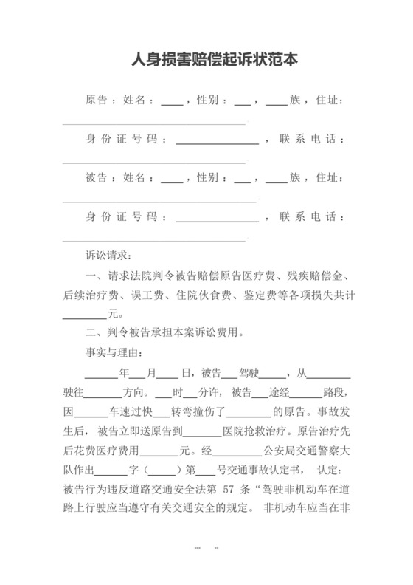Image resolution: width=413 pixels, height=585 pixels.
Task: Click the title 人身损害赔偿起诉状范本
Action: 214,58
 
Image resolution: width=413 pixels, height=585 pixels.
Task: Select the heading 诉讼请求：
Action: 108,256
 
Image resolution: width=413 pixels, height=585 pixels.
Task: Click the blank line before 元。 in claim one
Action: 85,313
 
